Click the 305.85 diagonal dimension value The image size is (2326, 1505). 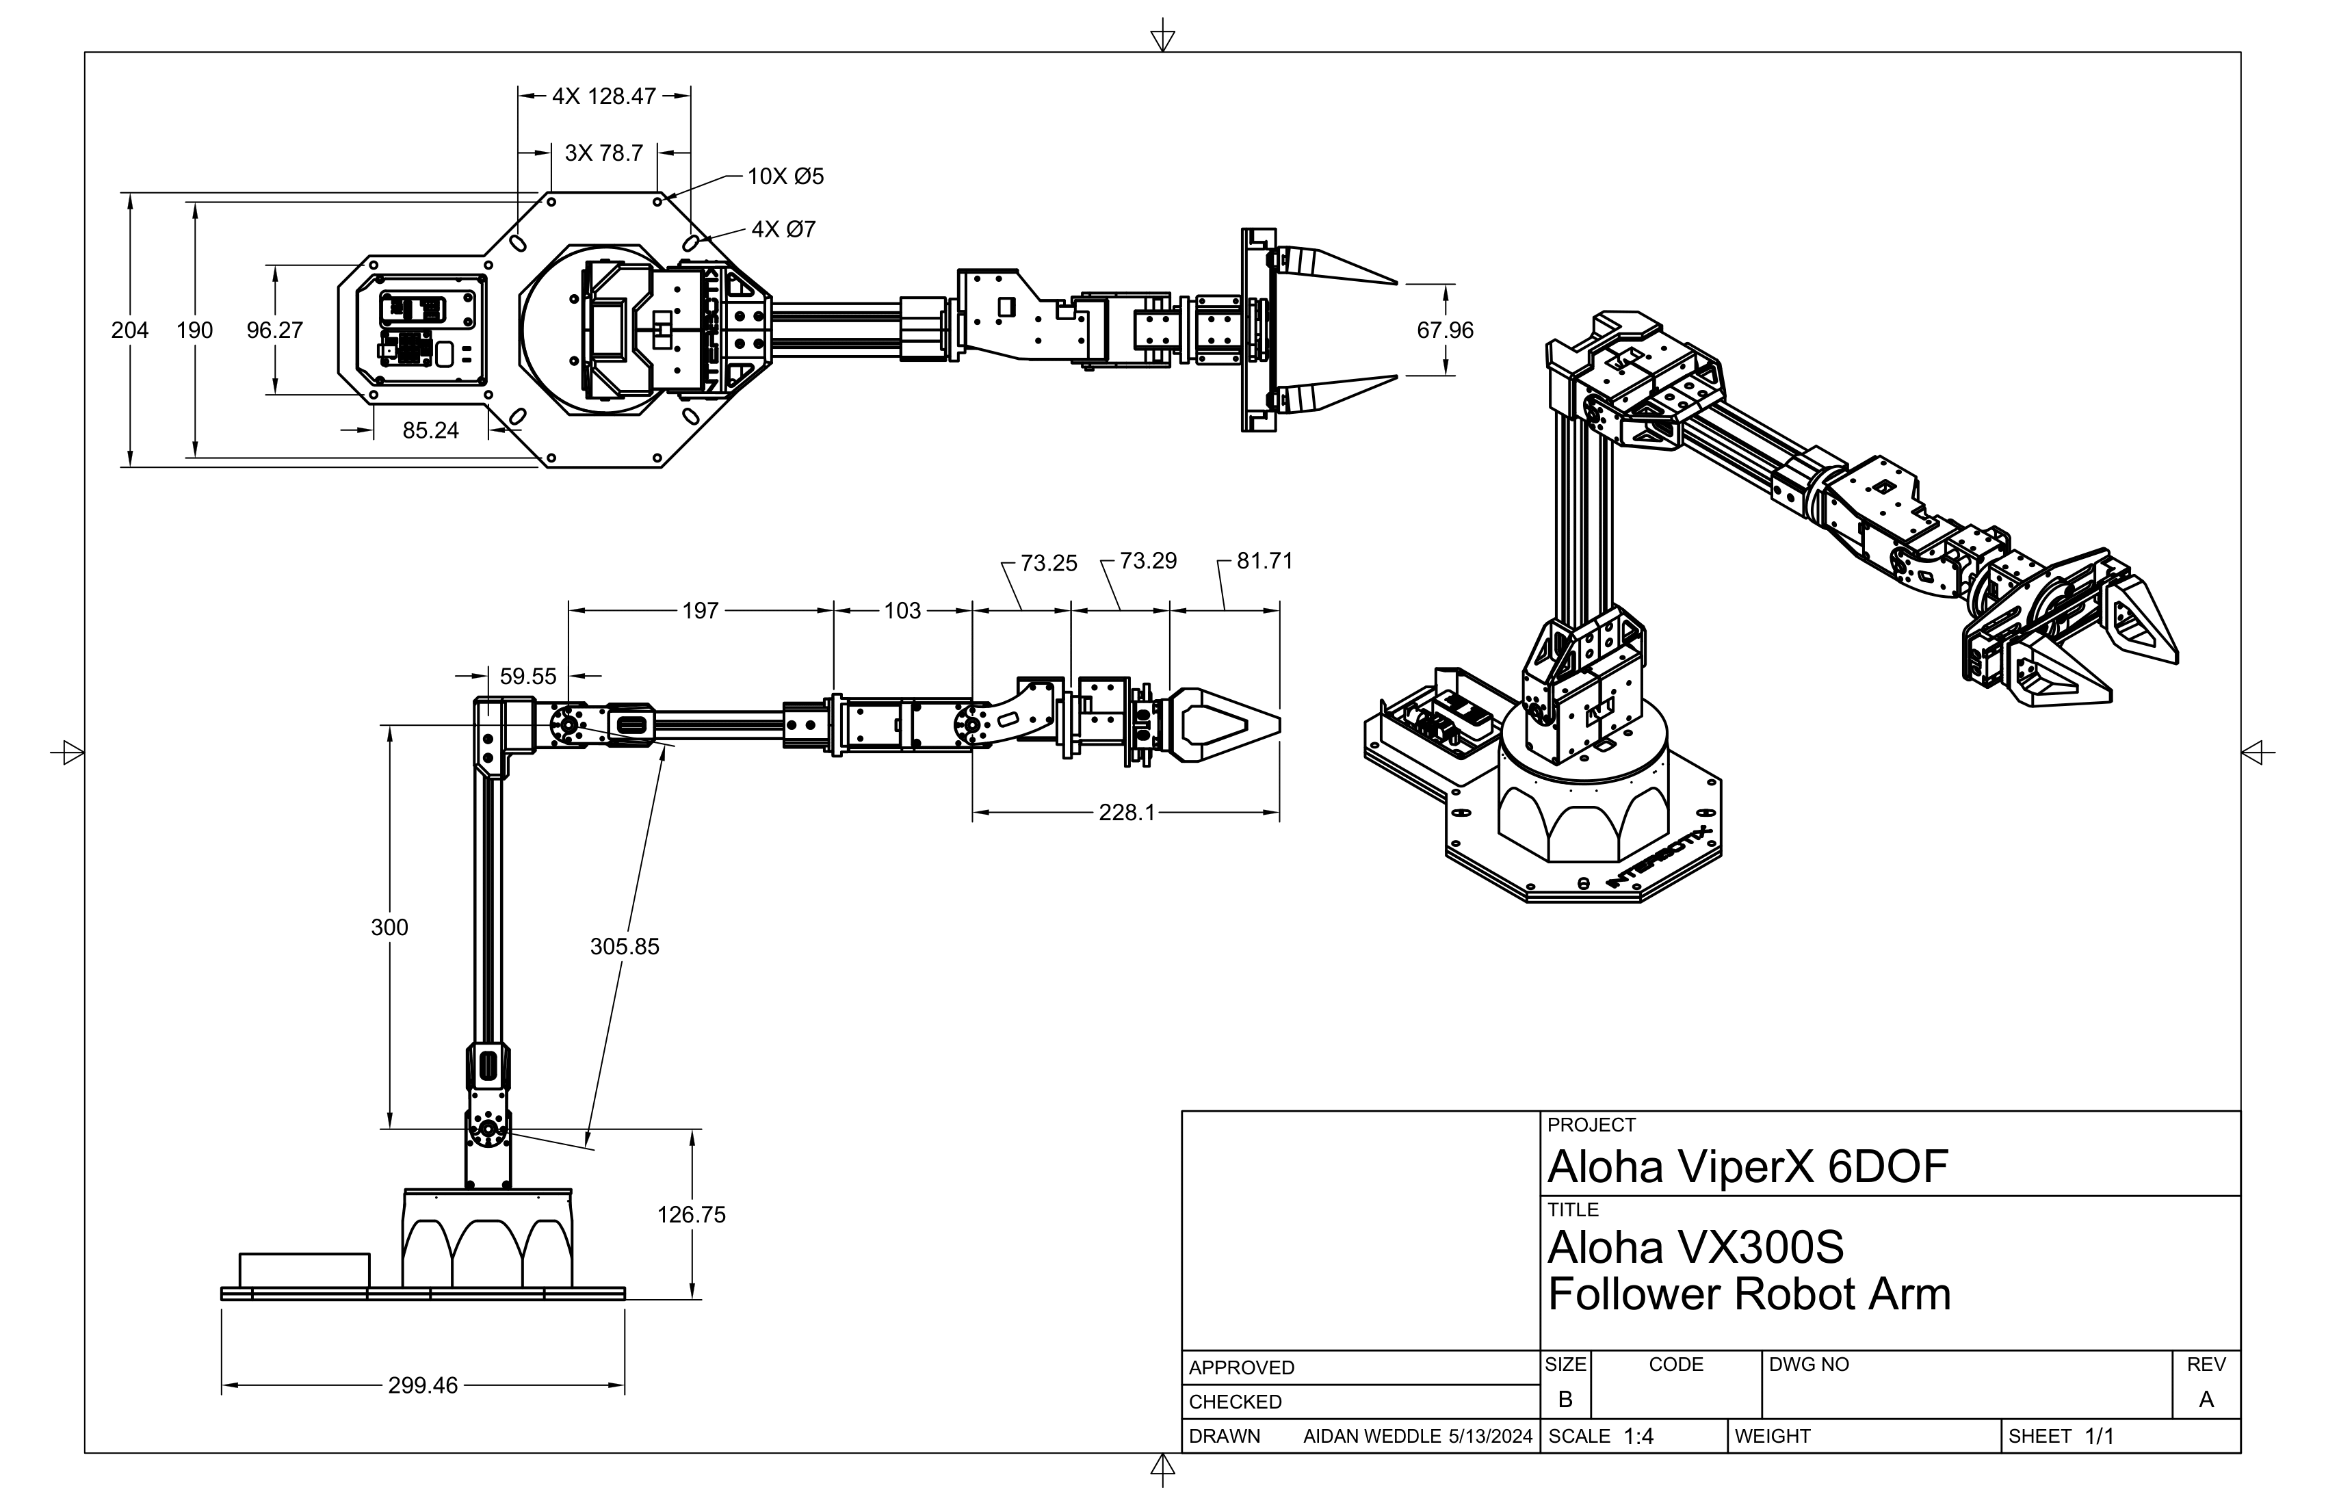tap(625, 946)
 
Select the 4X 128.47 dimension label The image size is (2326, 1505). tap(604, 96)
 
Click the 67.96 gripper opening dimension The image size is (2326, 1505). tap(1444, 330)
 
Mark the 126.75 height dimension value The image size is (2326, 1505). tap(691, 1215)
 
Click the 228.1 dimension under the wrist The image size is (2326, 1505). tap(1126, 812)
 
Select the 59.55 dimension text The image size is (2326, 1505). tap(527, 677)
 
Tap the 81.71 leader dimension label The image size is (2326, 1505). tap(1265, 561)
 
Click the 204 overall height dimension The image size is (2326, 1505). tap(130, 330)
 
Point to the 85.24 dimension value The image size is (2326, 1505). tap(430, 430)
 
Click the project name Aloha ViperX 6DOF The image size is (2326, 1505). tap(1747, 1167)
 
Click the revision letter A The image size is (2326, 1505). tap(2206, 1400)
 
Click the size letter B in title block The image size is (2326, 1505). tap(1565, 1400)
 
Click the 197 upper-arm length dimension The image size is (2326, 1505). tap(700, 611)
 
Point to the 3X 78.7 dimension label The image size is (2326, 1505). tap(604, 153)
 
